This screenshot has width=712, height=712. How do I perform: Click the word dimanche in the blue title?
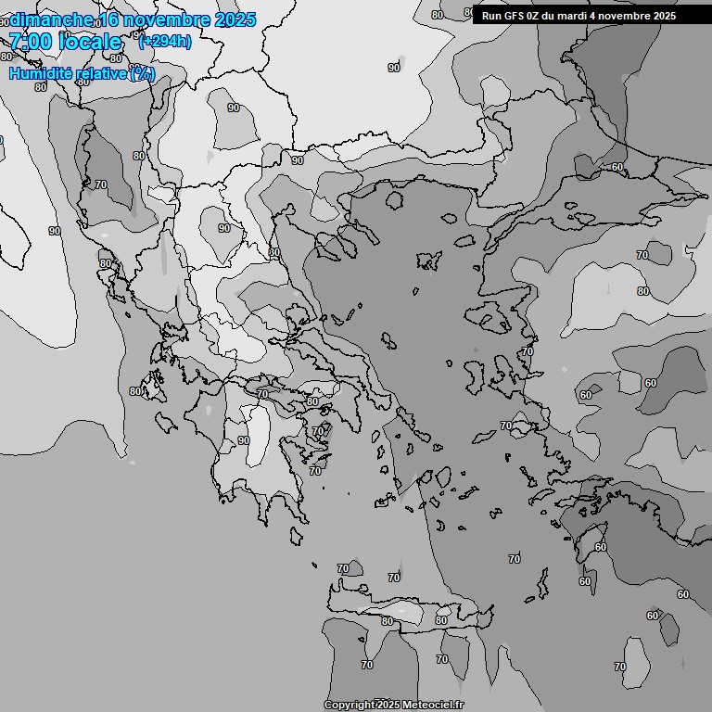click(51, 20)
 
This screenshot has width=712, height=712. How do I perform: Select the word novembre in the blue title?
click(165, 20)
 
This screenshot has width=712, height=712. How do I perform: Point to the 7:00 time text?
click(30, 42)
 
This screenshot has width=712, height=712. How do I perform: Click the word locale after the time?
click(89, 42)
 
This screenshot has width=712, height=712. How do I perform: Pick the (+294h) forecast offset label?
click(165, 42)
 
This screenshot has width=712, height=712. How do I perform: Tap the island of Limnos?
click(429, 260)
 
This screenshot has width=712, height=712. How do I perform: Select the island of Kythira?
click(296, 536)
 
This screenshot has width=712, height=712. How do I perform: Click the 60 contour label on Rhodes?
click(601, 547)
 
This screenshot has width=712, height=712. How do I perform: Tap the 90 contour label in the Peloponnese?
click(243, 440)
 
